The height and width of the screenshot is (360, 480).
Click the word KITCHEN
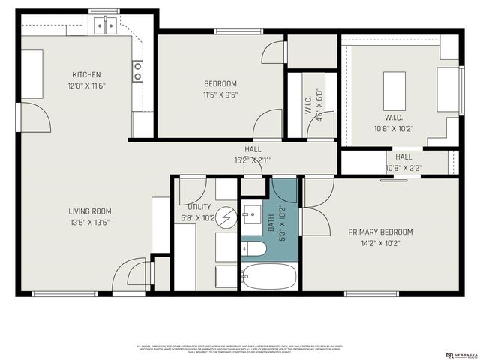pos(86,74)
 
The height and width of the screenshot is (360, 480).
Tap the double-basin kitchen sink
pos(105,26)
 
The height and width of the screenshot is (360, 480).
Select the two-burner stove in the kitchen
pos(138,71)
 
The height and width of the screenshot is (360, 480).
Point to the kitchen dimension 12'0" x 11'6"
pos(86,86)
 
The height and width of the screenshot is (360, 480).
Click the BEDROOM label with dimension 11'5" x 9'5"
pos(220,83)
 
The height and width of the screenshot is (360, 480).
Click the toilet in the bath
pos(253,249)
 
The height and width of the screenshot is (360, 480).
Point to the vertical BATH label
pos(271,223)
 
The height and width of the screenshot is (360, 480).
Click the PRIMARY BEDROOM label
pos(380,232)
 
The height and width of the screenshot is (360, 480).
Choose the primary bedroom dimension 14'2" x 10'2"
pos(380,243)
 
